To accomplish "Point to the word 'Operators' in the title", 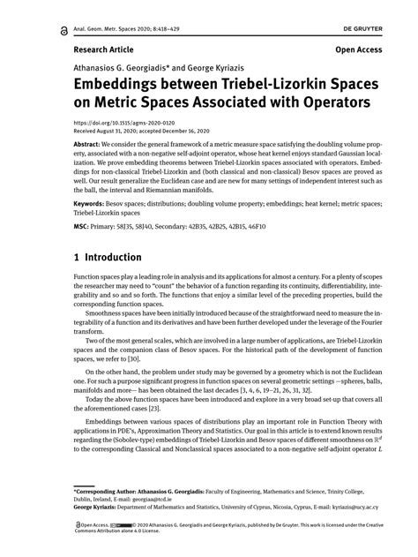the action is (294, 102).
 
